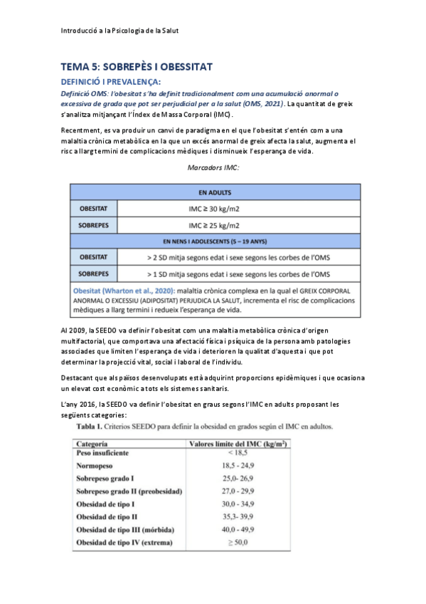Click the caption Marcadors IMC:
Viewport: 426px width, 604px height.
213,167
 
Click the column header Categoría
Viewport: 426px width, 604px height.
97,443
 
